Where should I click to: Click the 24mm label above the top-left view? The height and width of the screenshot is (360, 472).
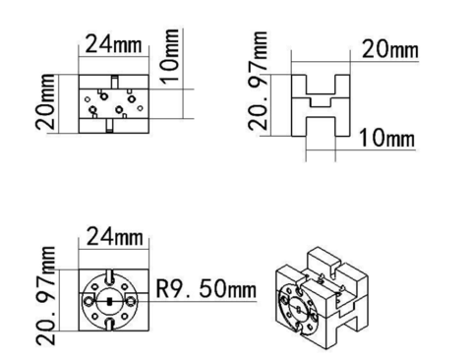tap(113, 44)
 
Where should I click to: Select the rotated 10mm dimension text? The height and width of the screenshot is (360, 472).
tap(170, 56)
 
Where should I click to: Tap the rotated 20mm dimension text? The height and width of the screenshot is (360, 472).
tap(45, 101)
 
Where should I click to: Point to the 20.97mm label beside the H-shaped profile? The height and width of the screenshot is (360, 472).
tap(258, 81)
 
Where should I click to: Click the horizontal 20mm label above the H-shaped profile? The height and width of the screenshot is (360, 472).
tap(390, 50)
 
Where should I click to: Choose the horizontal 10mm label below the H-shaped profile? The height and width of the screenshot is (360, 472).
tap(387, 138)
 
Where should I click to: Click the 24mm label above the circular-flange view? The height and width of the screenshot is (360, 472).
tap(115, 236)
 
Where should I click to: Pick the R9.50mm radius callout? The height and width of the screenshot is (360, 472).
tap(206, 288)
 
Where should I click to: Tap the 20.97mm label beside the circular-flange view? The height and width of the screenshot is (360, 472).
tap(45, 296)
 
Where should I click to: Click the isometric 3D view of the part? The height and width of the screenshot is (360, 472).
tap(323, 298)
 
